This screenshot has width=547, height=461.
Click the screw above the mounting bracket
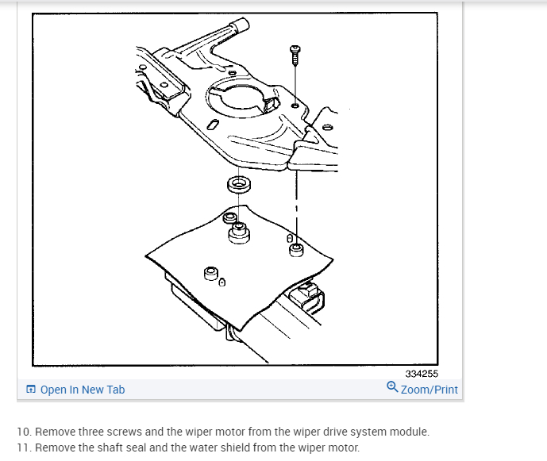tap(295, 52)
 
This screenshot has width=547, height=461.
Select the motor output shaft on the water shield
tap(237, 232)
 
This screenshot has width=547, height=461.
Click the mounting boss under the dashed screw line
tap(297, 251)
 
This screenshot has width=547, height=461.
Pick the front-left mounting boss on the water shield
tap(211, 275)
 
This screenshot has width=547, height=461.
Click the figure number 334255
tap(421, 374)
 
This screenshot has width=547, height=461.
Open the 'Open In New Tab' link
tap(82, 390)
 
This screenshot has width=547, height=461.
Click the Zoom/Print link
tap(429, 390)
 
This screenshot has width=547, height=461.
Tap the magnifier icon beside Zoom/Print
tap(392, 388)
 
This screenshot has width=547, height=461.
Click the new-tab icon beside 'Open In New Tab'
tap(31, 390)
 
